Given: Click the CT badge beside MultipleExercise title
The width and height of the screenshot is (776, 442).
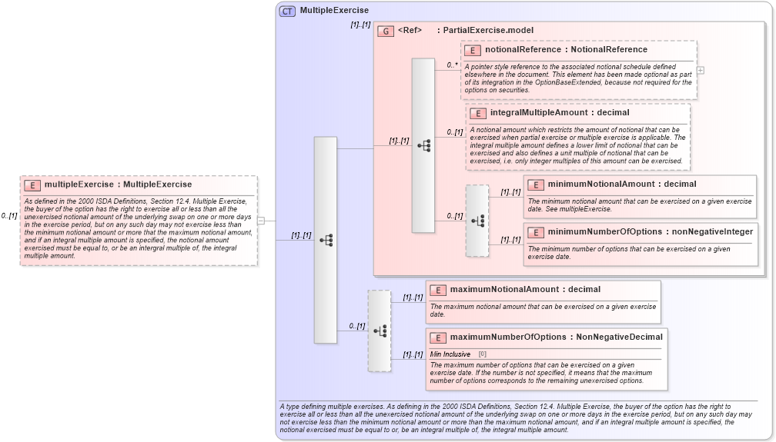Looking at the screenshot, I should [287, 11].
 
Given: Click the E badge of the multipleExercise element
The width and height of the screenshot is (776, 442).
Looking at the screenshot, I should [32, 185].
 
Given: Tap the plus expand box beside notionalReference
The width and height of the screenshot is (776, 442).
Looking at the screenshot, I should [701, 70].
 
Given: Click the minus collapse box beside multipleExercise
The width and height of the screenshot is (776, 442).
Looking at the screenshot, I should [261, 221].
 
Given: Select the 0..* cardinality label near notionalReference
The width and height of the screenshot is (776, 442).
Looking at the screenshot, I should [453, 65].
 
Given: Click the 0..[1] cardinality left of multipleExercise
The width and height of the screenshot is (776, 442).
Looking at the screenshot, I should [9, 216].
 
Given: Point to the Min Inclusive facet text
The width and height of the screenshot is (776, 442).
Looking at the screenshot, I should [450, 354].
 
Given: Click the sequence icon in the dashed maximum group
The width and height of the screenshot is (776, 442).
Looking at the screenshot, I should [380, 331].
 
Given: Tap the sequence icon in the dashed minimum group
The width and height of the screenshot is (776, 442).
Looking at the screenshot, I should [477, 221].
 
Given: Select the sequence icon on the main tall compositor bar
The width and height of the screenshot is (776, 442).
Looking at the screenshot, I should [326, 240].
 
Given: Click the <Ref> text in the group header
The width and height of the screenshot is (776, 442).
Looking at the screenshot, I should [410, 31].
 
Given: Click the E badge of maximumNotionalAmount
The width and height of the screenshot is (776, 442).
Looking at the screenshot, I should [437, 290].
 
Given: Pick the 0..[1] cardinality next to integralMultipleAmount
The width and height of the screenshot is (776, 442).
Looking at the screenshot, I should [455, 132].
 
